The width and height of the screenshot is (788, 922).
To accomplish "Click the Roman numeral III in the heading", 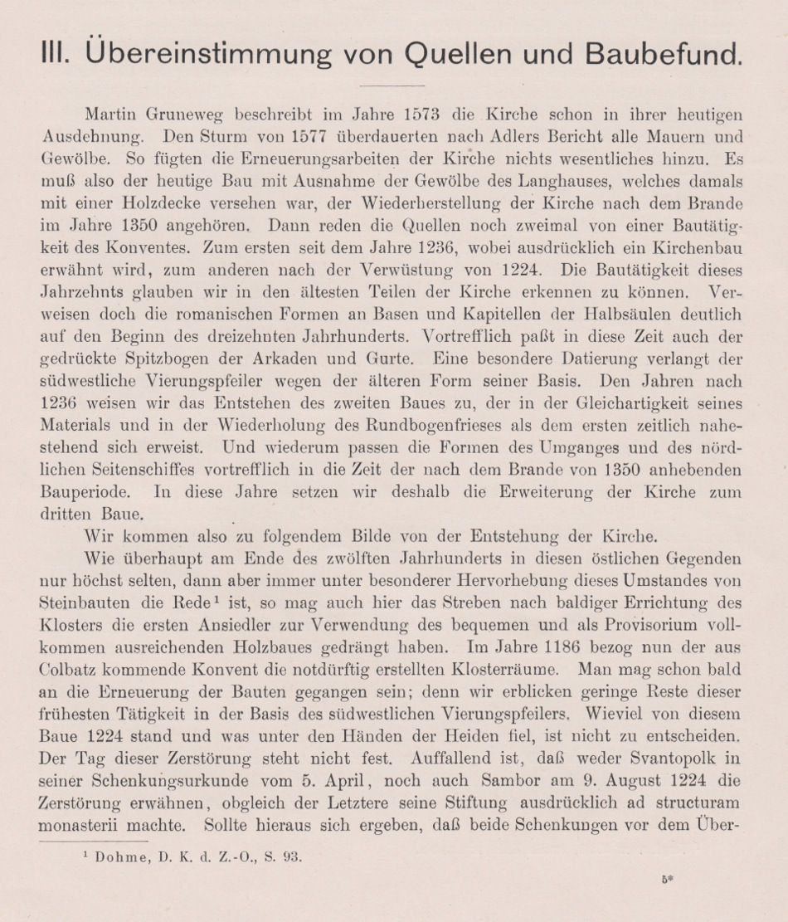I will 56,55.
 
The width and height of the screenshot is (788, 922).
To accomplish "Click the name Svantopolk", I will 671,758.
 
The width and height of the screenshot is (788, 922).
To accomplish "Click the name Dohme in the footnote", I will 120,857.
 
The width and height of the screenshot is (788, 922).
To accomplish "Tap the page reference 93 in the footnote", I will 294,857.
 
